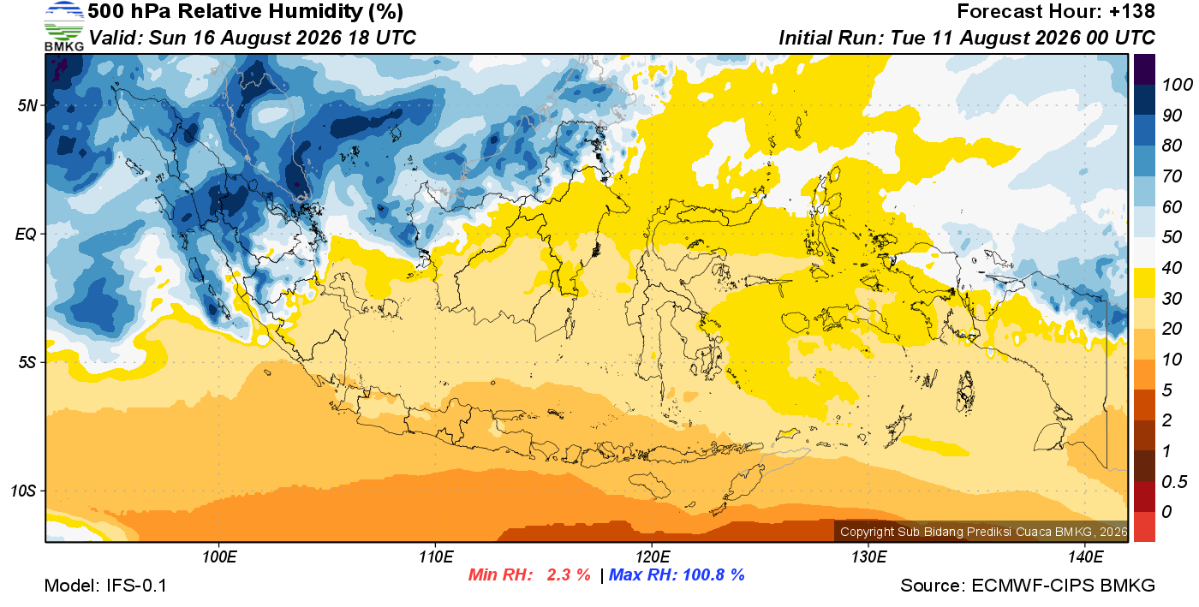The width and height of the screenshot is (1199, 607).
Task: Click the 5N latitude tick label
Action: (27, 105)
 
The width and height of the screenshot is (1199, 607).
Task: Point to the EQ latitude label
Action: (27, 234)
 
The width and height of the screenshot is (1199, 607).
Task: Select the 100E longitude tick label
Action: (219, 557)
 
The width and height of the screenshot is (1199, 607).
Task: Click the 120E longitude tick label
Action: (653, 557)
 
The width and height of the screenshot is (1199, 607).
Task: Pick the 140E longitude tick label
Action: (1085, 557)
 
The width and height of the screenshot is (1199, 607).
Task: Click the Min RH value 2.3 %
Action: (569, 574)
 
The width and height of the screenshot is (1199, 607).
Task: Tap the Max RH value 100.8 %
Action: (713, 574)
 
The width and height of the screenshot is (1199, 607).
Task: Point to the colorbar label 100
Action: (1177, 85)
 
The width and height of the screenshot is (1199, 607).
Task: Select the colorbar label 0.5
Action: (1174, 482)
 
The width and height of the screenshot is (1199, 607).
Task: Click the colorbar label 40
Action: (1172, 268)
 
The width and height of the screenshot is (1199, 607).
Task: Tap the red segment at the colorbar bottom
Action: (1144, 527)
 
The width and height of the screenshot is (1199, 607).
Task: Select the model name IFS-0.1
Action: (136, 586)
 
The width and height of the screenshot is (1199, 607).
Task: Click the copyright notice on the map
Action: (983, 532)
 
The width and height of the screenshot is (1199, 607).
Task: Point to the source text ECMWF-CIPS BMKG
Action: (1063, 586)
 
